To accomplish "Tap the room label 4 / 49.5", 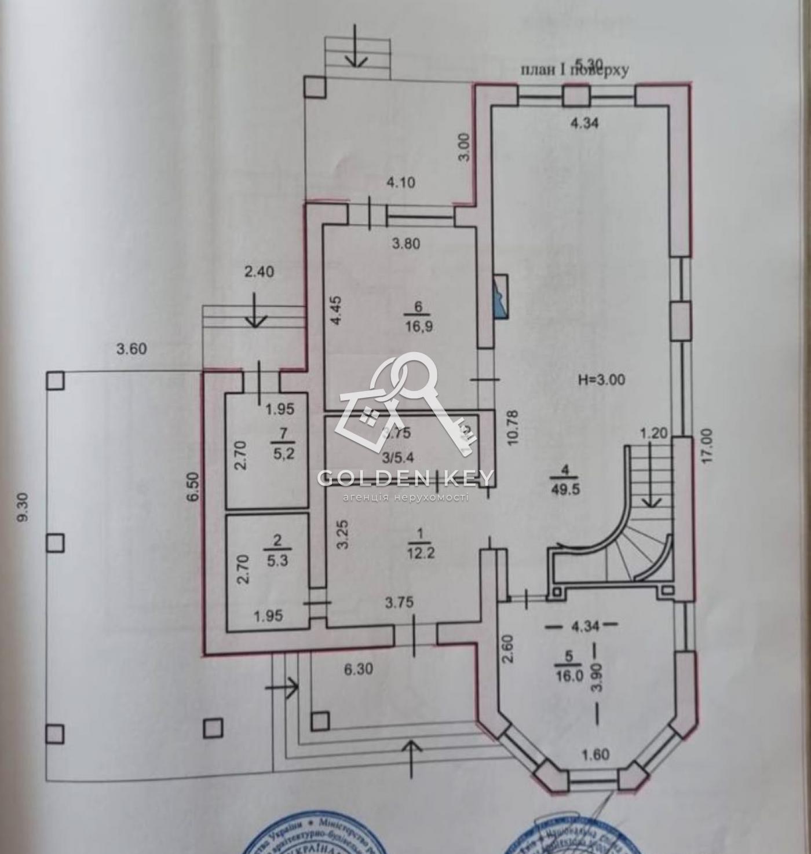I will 567,480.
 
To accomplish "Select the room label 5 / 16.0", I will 569,666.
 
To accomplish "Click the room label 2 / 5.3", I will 277,552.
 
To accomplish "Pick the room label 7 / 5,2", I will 283,443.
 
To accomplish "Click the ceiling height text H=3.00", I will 602,380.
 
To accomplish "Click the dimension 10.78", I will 512,427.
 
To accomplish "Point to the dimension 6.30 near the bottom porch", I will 359,669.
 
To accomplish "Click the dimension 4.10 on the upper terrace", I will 401,182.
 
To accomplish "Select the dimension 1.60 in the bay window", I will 594,754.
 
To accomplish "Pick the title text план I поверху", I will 575,70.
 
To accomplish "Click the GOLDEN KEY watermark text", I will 405,478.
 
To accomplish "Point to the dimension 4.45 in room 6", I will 338,313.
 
